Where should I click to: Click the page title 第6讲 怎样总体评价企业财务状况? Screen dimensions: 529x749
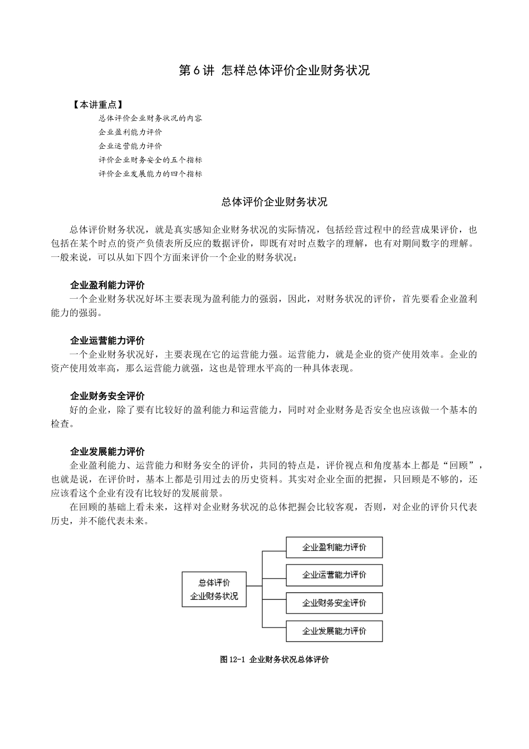(x=274, y=71)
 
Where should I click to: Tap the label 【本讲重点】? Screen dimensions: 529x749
(x=97, y=105)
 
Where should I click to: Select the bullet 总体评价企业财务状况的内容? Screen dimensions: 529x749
(x=150, y=118)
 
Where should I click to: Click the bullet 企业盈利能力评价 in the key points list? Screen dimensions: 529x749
(x=130, y=132)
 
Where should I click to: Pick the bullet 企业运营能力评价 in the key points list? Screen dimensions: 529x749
(x=130, y=146)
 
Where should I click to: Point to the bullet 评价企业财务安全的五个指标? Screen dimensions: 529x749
(x=150, y=160)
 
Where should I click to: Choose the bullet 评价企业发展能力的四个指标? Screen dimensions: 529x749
(x=150, y=174)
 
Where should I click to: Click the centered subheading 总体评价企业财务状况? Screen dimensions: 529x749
(x=274, y=202)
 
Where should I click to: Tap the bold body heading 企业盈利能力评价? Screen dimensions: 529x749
(x=107, y=285)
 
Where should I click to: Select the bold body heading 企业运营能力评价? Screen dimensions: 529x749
(x=107, y=341)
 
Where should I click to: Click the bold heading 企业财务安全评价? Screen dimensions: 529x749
(x=107, y=396)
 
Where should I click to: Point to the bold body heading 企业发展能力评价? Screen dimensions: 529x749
(x=107, y=451)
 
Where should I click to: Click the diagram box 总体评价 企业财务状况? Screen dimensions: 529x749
(x=214, y=590)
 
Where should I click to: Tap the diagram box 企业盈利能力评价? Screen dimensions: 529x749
(x=334, y=547)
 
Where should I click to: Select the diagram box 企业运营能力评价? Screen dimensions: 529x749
(x=334, y=575)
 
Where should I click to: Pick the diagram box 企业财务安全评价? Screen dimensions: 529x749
(x=334, y=603)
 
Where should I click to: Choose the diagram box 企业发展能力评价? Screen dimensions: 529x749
(x=334, y=631)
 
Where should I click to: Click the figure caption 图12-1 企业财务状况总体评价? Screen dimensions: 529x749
(x=275, y=660)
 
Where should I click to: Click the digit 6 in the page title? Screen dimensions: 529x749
(x=197, y=71)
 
